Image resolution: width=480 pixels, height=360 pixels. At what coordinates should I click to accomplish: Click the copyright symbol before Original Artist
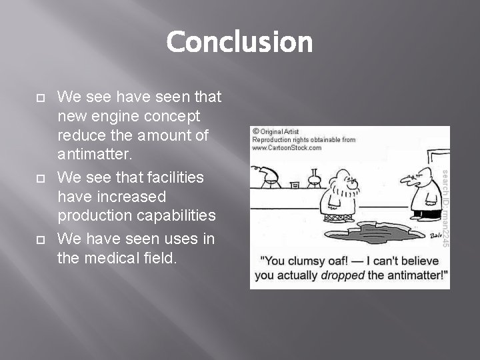[x=256, y=132]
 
